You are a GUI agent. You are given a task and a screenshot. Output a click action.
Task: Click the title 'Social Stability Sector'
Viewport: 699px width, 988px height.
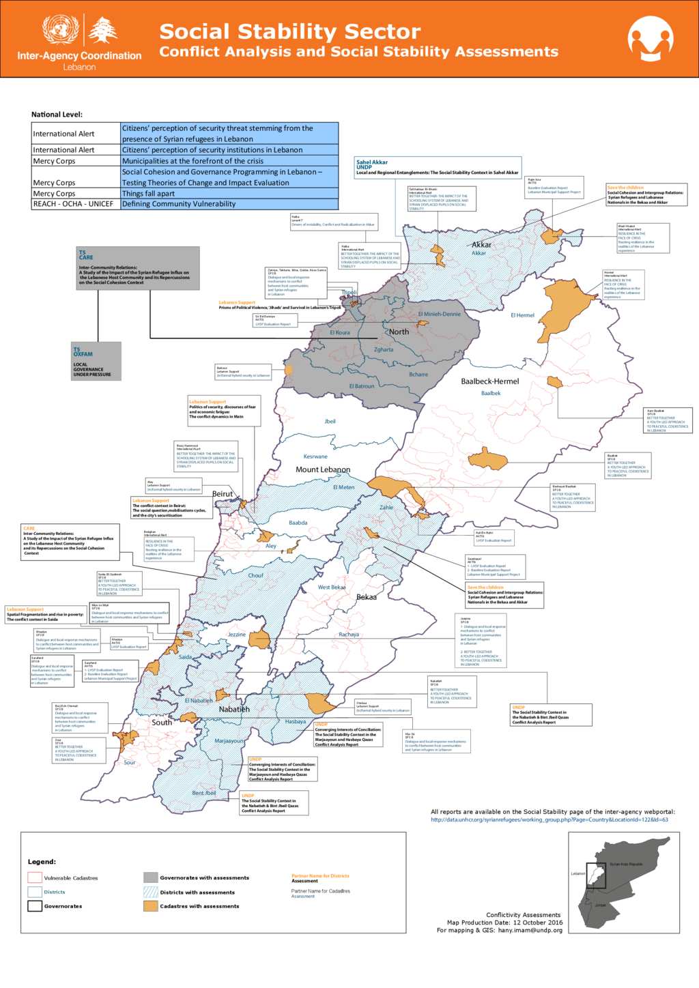click(289, 31)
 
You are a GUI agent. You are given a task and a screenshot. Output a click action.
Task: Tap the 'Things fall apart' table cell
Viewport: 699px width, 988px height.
click(148, 194)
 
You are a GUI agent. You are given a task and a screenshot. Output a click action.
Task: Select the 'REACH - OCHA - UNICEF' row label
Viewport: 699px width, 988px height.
click(73, 204)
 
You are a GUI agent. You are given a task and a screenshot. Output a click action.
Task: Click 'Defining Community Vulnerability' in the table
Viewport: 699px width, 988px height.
click(179, 204)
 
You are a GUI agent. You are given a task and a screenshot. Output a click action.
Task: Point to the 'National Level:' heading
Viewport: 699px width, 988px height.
click(57, 115)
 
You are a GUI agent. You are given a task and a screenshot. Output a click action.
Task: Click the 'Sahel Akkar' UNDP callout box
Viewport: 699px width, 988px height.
click(437, 167)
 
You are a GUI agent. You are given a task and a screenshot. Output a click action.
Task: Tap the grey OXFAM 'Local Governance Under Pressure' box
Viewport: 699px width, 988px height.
click(96, 362)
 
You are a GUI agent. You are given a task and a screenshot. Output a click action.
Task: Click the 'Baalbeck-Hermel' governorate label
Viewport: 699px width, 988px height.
click(489, 381)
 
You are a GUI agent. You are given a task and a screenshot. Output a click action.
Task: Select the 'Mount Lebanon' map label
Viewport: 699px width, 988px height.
click(323, 469)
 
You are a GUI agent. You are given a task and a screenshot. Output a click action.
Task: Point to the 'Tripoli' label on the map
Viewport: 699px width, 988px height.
click(349, 292)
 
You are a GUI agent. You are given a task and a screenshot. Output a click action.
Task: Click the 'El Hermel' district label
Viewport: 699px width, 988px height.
click(522, 315)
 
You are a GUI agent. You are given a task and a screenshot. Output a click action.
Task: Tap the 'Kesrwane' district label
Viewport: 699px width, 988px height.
click(315, 456)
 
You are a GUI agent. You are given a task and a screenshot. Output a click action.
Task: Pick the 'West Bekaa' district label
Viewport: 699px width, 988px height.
click(332, 587)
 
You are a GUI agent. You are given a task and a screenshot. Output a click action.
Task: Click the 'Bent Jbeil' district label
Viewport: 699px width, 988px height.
click(203, 793)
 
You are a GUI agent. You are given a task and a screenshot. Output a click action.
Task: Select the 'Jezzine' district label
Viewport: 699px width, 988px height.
click(236, 635)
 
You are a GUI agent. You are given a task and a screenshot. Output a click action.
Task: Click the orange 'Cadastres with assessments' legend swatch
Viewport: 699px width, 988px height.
click(151, 906)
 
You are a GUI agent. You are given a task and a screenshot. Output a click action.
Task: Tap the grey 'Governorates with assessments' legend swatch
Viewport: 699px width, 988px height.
click(151, 877)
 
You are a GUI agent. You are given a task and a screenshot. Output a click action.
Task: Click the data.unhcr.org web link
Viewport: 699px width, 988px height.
click(550, 819)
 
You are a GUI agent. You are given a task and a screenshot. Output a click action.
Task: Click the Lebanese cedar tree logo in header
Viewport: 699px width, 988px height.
click(103, 31)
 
